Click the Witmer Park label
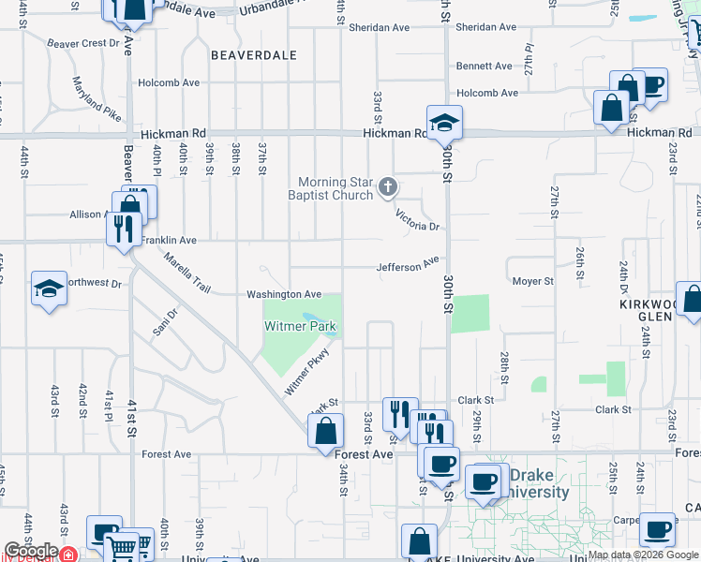tap(301, 328)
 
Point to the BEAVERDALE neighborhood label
tap(253, 55)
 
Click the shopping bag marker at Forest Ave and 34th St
tap(325, 432)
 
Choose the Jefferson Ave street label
tap(408, 266)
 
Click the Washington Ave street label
tap(284, 294)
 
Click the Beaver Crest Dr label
tap(83, 43)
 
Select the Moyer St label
tap(532, 281)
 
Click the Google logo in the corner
tap(31, 551)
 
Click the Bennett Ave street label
tap(484, 66)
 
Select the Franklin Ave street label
tap(169, 241)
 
